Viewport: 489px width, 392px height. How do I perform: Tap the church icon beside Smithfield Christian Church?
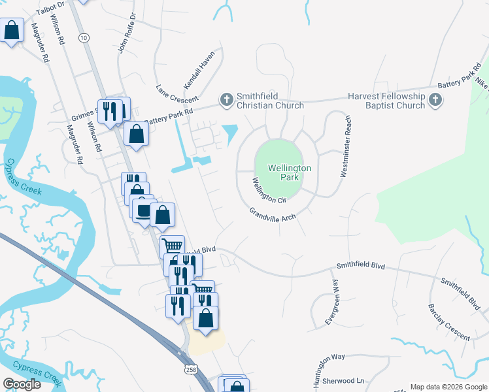[226, 100]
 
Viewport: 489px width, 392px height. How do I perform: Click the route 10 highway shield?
[83, 38]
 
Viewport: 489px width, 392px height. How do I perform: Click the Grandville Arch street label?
[272, 215]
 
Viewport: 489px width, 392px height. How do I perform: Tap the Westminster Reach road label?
[345, 146]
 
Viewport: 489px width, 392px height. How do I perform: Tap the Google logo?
[22, 384]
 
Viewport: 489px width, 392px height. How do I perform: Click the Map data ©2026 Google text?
[448, 387]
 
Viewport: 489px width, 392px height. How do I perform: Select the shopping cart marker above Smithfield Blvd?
[172, 246]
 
